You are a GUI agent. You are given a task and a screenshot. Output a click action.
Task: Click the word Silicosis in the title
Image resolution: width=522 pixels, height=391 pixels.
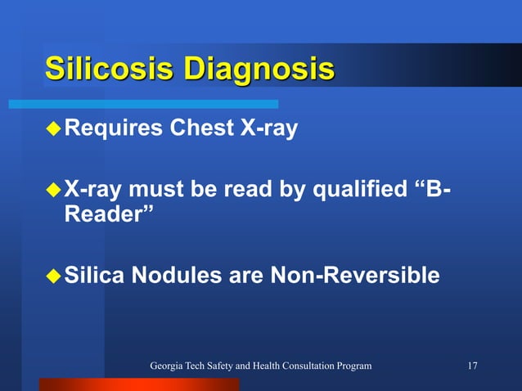click(109, 69)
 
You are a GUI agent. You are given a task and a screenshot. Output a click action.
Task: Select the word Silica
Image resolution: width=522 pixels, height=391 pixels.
click(92, 276)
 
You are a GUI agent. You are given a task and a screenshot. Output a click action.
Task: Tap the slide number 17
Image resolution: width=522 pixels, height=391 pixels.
click(472, 365)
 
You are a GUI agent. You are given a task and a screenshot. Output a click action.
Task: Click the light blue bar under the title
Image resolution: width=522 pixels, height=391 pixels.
click(144, 105)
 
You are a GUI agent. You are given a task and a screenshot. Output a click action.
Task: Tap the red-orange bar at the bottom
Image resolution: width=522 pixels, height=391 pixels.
click(139, 384)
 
